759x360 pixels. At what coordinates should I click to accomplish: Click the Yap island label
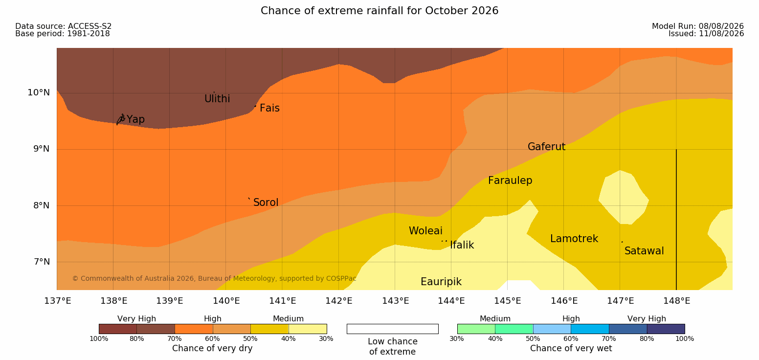pyautogui.click(x=135, y=119)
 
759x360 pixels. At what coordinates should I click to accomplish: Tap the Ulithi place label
pyautogui.click(x=217, y=99)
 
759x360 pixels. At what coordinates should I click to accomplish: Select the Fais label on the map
pyautogui.click(x=270, y=108)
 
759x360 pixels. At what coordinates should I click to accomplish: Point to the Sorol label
pyautogui.click(x=266, y=202)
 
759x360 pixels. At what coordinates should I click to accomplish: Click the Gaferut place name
pyautogui.click(x=547, y=147)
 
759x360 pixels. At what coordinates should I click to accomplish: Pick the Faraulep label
pyautogui.click(x=510, y=180)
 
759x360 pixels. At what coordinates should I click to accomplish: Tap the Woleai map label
pyautogui.click(x=425, y=231)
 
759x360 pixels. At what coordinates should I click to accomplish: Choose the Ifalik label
pyautogui.click(x=462, y=245)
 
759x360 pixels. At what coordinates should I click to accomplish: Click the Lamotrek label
pyautogui.click(x=574, y=239)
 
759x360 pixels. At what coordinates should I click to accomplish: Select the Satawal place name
pyautogui.click(x=644, y=251)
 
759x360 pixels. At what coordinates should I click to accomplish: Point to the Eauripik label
pyautogui.click(x=441, y=282)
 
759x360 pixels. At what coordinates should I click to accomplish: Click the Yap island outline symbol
pyautogui.click(x=121, y=119)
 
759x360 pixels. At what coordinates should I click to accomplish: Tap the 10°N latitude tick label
pyautogui.click(x=39, y=92)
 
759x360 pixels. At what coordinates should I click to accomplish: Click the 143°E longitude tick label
pyautogui.click(x=396, y=301)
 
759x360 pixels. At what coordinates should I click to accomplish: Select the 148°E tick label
pyautogui.click(x=677, y=301)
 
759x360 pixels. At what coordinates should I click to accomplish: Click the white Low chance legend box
pyautogui.click(x=392, y=329)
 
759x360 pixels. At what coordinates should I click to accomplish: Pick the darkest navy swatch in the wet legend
pyautogui.click(x=666, y=329)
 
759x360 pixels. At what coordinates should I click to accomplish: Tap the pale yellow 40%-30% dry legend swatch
pyautogui.click(x=308, y=329)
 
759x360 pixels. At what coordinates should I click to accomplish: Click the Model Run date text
pyautogui.click(x=698, y=26)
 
